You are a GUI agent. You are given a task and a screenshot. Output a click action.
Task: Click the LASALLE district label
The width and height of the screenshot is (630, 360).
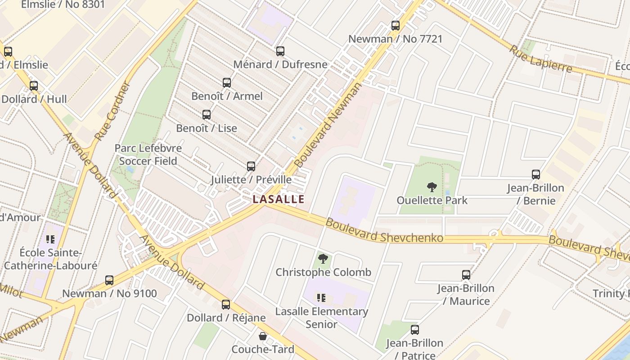(279, 199)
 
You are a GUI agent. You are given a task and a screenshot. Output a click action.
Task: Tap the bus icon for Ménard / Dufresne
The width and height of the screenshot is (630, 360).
(280, 51)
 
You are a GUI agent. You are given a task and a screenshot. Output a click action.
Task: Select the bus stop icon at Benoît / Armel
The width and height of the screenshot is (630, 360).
(227, 83)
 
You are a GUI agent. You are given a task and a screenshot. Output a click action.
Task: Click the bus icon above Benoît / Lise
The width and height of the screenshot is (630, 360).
(207, 115)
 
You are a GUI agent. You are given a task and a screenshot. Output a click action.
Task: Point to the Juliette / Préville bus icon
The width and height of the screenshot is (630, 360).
(251, 166)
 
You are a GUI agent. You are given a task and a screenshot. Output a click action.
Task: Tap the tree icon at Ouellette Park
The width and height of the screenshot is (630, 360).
(432, 187)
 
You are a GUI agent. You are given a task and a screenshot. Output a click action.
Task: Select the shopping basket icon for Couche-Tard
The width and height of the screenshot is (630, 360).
(263, 336)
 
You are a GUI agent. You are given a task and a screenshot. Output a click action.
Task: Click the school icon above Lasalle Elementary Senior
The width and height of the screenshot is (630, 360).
(321, 297)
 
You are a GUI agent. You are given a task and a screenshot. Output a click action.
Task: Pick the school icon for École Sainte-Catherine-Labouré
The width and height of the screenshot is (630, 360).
(50, 239)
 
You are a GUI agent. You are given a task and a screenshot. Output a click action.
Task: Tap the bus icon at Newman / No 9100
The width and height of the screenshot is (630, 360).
(109, 280)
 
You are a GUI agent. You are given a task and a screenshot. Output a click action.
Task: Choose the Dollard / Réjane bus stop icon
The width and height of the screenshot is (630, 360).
(226, 305)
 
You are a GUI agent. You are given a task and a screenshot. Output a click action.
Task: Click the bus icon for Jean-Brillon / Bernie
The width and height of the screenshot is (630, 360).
(535, 175)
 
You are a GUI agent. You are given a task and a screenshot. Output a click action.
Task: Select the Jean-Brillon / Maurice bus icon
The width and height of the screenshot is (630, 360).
(466, 275)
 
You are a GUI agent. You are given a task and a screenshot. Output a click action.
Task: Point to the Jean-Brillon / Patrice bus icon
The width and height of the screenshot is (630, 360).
(415, 330)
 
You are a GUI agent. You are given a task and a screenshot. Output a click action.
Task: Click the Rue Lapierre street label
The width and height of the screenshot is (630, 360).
(540, 59)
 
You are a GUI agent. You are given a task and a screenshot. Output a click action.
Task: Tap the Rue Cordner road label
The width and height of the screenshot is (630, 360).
(112, 111)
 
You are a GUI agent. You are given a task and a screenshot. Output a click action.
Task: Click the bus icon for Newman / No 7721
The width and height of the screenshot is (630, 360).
(396, 26)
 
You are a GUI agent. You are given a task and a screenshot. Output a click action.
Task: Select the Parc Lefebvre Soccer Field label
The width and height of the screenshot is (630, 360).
(148, 154)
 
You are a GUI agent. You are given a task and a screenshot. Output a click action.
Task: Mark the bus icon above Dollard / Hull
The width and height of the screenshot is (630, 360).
(34, 86)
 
